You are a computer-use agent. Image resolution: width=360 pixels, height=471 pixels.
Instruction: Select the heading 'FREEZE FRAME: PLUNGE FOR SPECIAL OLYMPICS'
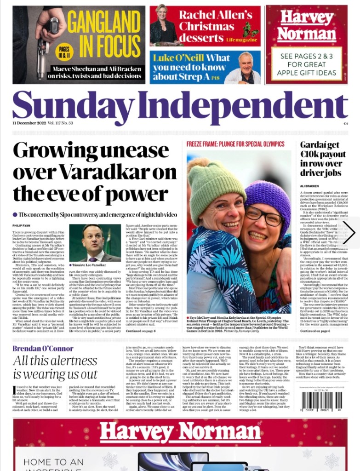(235, 144)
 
